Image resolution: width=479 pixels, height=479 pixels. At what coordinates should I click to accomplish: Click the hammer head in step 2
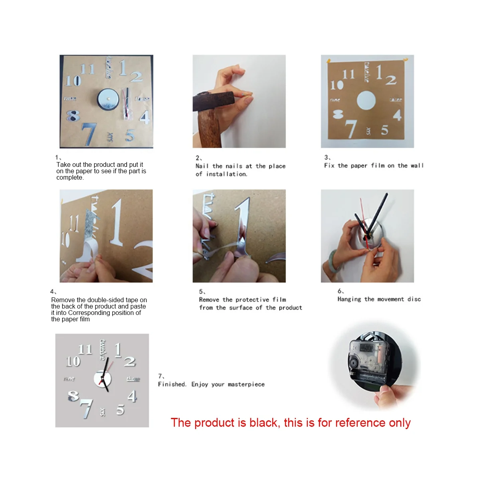pos(213,101)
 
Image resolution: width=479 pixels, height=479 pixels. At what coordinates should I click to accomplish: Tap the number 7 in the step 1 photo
pos(89,134)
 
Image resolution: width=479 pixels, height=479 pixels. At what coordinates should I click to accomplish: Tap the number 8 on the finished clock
pos(73,396)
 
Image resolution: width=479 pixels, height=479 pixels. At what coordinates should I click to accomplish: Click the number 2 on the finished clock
pos(130,362)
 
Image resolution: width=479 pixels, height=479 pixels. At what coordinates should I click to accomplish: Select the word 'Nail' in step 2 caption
pos(202,166)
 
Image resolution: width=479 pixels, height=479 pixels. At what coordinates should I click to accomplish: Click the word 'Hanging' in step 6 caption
pos(349,299)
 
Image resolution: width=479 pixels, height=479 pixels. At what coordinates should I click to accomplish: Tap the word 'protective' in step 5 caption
pos(252,300)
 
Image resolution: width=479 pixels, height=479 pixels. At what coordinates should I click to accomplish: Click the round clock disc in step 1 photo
pos(108,99)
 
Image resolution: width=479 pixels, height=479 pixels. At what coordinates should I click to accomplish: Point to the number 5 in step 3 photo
pos(384,130)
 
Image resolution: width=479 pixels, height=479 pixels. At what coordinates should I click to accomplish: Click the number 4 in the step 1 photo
pos(144,117)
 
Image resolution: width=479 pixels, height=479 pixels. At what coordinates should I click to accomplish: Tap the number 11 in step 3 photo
pos(348,74)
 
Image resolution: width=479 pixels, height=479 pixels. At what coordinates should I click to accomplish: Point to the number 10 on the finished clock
pos(73,361)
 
